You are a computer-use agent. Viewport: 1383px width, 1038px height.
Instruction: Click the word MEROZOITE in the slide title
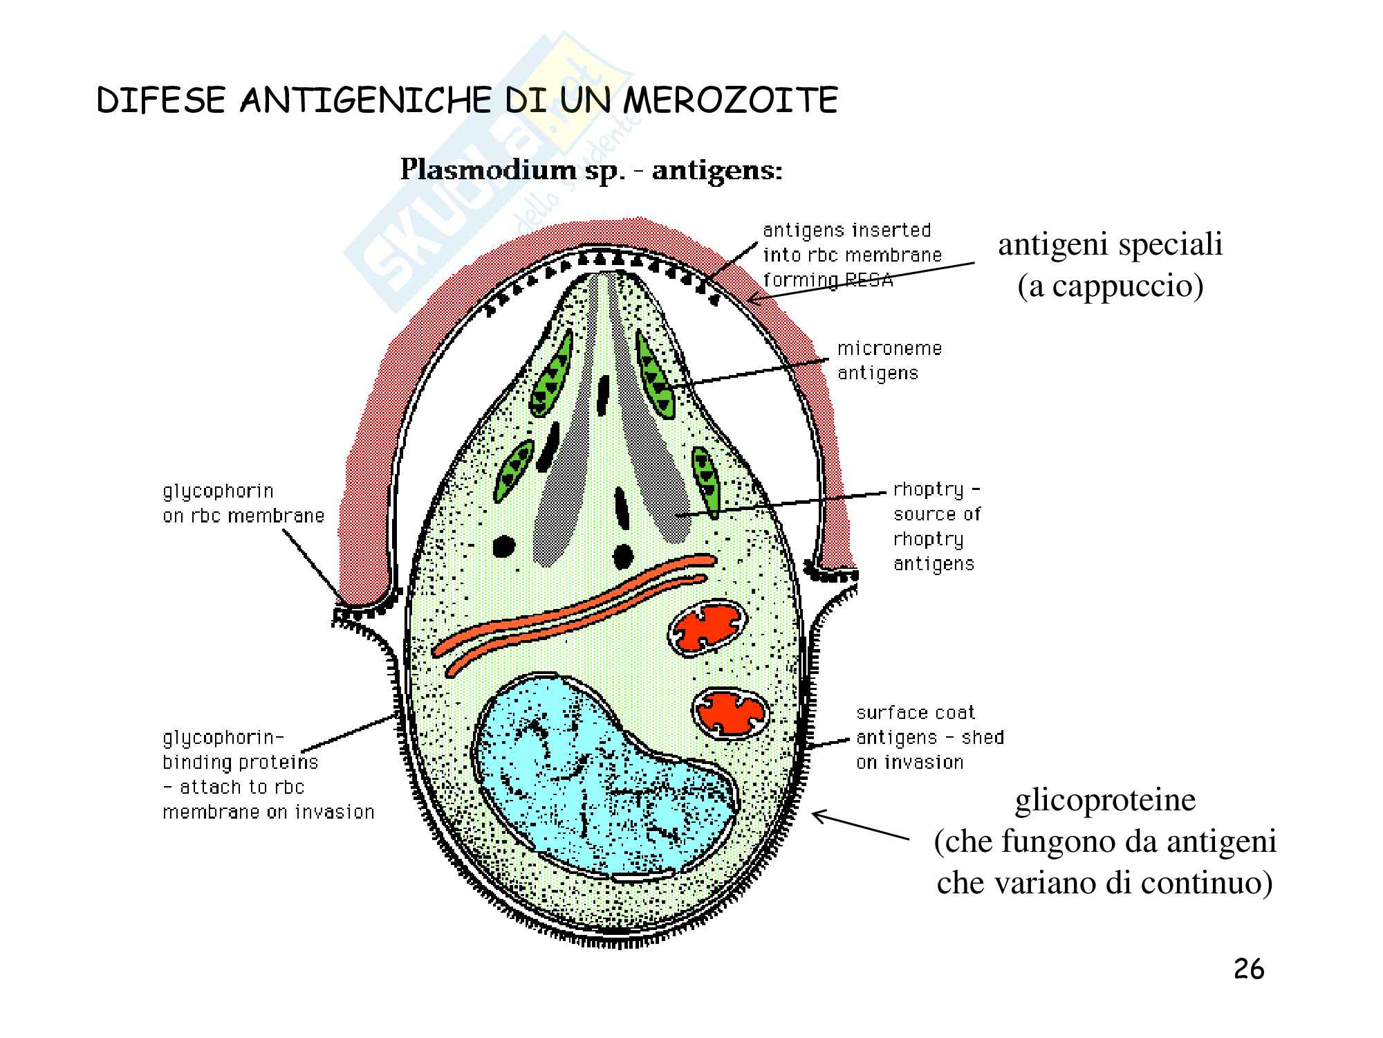pos(730,101)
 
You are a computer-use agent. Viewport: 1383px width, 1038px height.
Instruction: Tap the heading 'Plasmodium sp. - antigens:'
pos(591,170)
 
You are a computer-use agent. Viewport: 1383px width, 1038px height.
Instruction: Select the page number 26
pos(1249,969)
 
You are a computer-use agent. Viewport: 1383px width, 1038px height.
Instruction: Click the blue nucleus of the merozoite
pos(602,778)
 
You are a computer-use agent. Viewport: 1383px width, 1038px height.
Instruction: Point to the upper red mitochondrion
pos(707,628)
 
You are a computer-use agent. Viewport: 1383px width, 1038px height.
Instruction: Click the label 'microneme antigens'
pos(889,361)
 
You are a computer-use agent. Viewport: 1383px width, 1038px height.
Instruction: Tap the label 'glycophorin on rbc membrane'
pos(243,504)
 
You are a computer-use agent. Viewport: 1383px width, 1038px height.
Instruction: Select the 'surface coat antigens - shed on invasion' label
pos(930,738)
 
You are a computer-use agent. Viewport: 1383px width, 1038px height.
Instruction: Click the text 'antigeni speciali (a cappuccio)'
pos(1110,264)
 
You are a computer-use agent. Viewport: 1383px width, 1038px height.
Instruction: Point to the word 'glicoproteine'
pos(1105,801)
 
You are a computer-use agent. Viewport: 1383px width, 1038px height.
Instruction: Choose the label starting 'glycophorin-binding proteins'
pos(268,775)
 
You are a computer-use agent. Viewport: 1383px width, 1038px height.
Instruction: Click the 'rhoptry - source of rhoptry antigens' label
pos(937,527)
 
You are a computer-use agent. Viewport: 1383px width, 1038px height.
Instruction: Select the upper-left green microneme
pos(551,374)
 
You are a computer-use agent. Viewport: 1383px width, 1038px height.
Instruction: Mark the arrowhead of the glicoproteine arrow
pos(814,814)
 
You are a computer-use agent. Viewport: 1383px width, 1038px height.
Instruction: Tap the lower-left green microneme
pos(514,471)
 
